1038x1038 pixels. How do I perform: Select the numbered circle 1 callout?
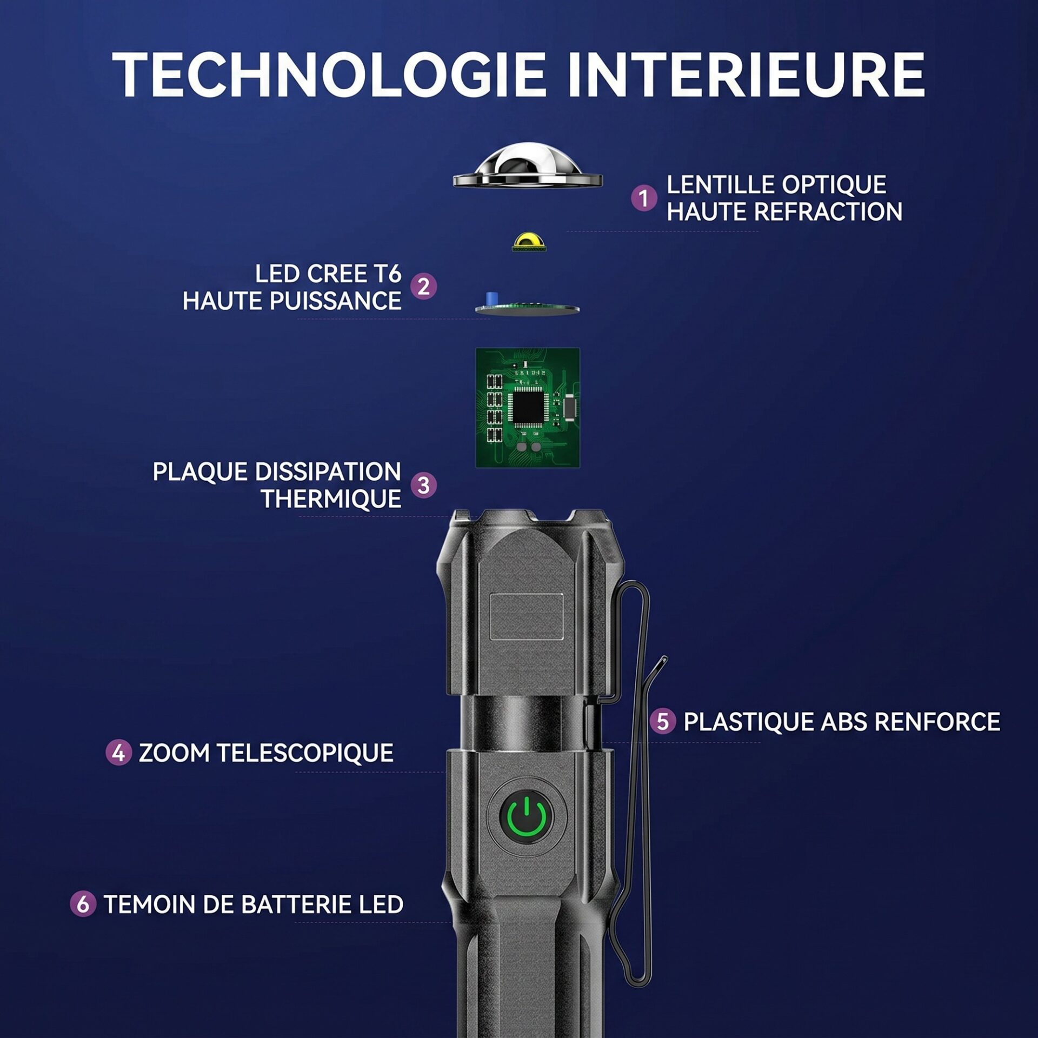pos(644,198)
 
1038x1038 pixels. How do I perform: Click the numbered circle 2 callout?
pos(423,286)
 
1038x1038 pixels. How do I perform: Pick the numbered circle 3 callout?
pos(423,485)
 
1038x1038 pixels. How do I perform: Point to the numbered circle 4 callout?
pos(118,753)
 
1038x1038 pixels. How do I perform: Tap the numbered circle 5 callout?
pos(663,721)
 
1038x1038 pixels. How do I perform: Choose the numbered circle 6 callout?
pos(83,904)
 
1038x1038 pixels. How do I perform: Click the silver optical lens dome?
pos(527,166)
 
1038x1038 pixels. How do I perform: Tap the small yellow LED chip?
pos(529,242)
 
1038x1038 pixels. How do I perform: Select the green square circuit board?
pos(528,408)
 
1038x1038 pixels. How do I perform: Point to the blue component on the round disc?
pos(493,299)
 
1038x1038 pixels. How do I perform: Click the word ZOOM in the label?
pos(174,753)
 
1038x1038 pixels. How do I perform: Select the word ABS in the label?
pos(843,722)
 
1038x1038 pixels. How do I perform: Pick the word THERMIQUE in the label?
pos(331,499)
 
